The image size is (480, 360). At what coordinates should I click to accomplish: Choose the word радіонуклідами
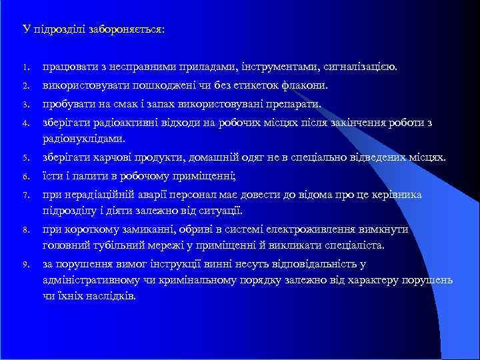[x=83, y=138]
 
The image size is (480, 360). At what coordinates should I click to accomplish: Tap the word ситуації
[x=222, y=210]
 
